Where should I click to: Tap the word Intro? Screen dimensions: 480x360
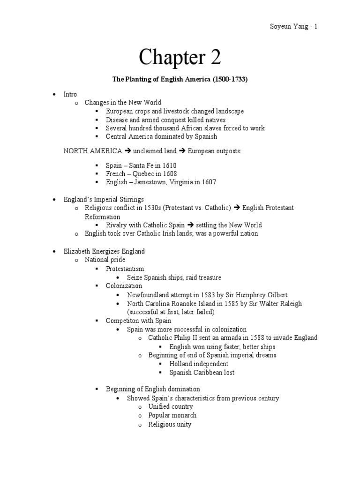[70, 94]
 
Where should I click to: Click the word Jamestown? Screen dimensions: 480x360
[154, 182]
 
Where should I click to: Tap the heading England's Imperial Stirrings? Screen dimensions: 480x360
[104, 199]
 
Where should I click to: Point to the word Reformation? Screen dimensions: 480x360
[102, 217]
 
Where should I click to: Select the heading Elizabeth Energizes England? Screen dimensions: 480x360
[104, 251]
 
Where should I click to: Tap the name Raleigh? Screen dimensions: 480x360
[289, 303]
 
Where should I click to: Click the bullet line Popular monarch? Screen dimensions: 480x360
[172, 415]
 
